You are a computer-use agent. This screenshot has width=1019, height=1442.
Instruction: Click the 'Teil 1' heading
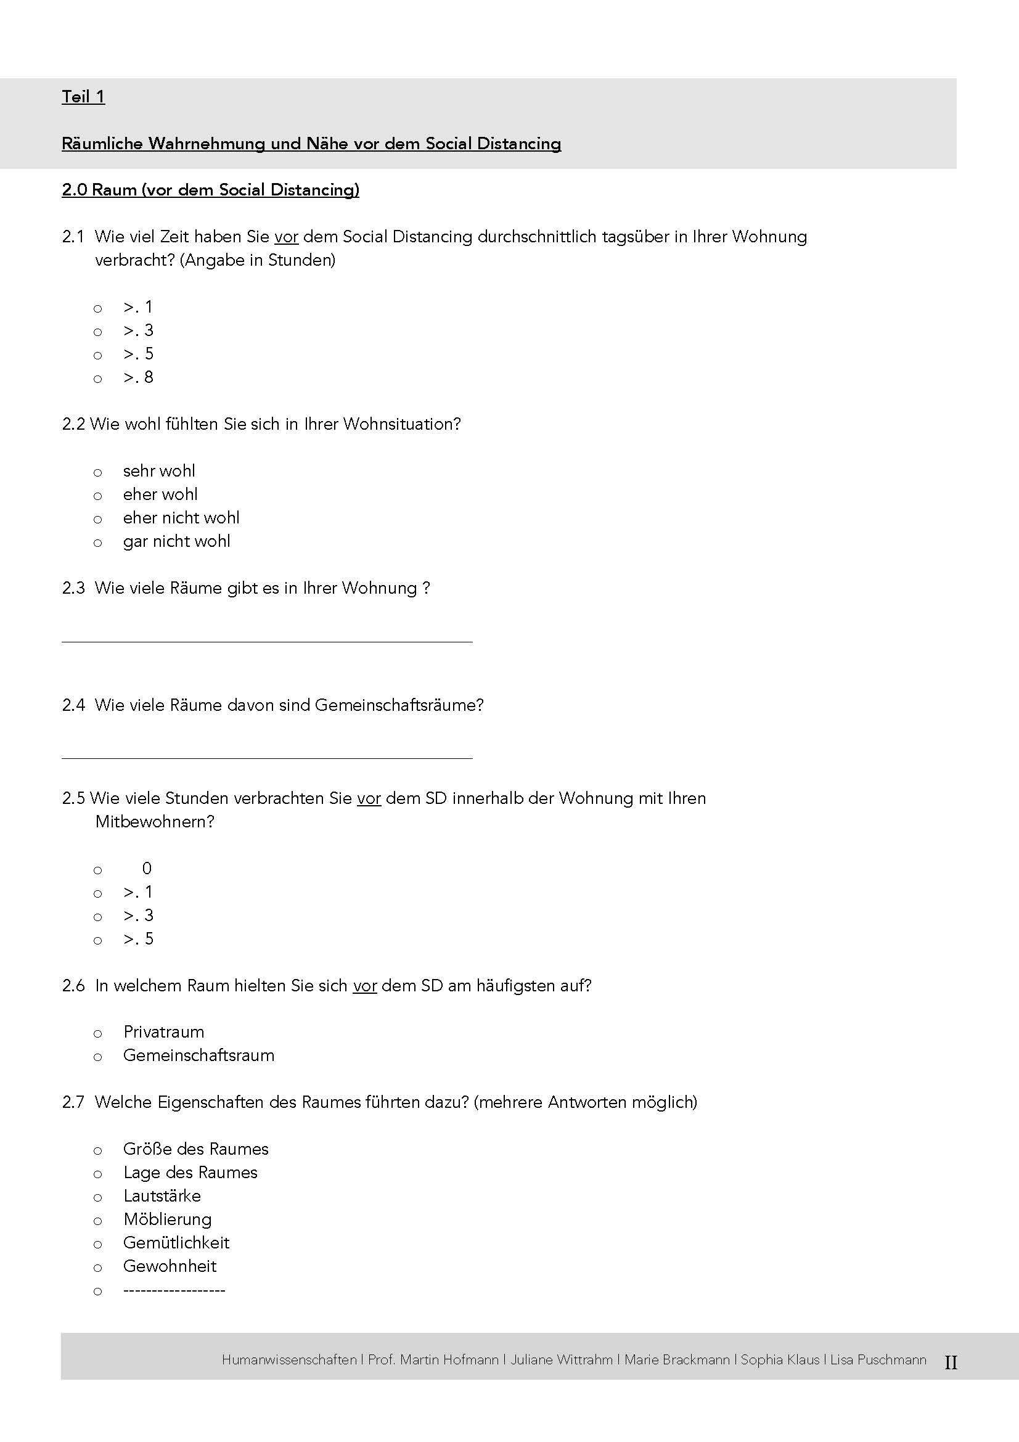pos(83,97)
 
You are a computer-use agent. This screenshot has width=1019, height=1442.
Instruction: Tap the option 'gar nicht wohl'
pos(176,541)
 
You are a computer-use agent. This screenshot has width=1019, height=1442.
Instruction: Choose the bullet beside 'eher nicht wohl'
pos(97,519)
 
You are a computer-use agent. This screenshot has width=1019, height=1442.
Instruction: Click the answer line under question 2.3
pos(267,641)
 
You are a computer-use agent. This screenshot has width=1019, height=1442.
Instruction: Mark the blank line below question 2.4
pos(267,758)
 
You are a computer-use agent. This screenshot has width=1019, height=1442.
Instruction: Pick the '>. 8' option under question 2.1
pos(138,377)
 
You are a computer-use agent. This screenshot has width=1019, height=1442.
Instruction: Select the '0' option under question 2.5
pos(147,869)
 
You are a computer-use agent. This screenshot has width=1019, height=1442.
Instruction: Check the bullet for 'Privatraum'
pos(97,1034)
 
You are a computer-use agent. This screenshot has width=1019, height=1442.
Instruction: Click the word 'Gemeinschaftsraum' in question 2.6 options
pos(198,1055)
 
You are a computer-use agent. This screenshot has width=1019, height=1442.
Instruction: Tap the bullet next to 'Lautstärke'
pos(97,1198)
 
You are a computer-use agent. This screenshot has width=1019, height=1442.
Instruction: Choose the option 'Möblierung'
pos(167,1219)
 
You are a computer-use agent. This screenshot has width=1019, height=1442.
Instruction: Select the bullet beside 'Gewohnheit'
pos(97,1268)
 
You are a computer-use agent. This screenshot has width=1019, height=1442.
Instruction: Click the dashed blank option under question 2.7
pos(174,1290)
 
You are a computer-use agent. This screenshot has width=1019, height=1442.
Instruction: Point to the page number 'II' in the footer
pos(951,1363)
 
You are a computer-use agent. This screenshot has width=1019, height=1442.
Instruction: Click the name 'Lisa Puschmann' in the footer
pos(878,1360)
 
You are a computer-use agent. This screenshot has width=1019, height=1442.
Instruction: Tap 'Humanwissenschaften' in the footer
pos(289,1360)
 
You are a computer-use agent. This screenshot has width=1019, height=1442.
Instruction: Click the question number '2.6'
pos(73,985)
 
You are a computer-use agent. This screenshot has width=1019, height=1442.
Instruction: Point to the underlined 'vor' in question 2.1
pos(285,237)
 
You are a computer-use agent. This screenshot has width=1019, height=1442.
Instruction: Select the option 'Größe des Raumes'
pos(195,1149)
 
